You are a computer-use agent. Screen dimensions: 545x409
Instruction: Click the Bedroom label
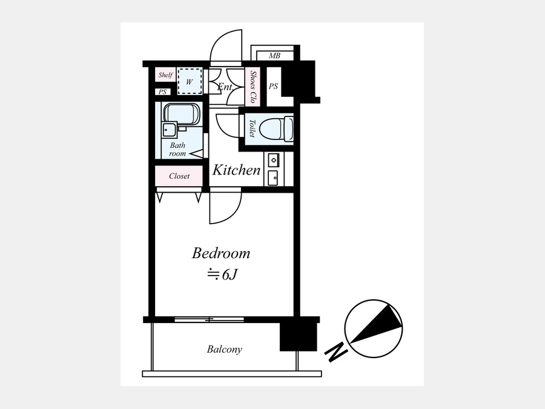click(x=221, y=253)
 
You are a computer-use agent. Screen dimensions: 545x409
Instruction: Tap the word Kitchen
click(x=236, y=170)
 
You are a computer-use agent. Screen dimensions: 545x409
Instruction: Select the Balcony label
click(x=224, y=349)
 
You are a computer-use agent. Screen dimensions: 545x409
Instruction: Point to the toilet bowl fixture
click(x=276, y=128)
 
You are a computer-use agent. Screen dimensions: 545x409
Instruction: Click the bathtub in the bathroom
click(x=182, y=113)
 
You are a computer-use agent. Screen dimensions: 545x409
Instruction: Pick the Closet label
click(x=179, y=176)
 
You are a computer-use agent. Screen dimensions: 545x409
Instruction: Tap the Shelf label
click(x=165, y=75)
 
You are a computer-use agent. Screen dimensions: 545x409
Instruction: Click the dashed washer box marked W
click(x=190, y=81)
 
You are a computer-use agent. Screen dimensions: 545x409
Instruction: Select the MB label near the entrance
click(x=274, y=56)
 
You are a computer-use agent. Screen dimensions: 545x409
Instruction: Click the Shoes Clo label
click(x=253, y=87)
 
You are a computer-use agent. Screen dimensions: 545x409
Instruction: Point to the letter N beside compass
click(x=336, y=353)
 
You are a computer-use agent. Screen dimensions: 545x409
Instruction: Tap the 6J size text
click(x=222, y=274)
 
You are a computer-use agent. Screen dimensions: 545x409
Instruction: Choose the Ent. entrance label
click(x=225, y=87)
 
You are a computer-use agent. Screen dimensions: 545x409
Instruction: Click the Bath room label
click(x=177, y=150)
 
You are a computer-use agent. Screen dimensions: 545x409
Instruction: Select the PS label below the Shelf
click(x=163, y=92)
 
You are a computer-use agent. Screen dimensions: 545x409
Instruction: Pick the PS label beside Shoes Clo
click(x=274, y=86)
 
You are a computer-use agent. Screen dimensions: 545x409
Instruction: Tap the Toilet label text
click(x=253, y=128)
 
